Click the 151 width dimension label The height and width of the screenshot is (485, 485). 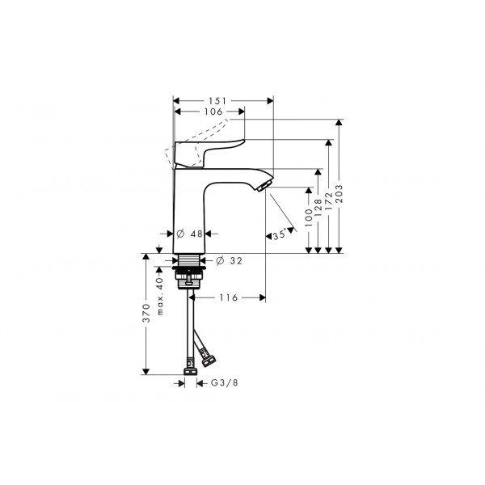coord(217,101)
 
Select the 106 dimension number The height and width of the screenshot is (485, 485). coord(213,112)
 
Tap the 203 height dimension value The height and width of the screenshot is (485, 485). coord(339,194)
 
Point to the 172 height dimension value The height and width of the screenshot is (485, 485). coord(329,201)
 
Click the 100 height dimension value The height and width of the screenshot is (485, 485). coord(309,217)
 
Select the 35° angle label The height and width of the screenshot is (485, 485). coord(279,235)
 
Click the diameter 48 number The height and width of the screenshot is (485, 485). coord(196,234)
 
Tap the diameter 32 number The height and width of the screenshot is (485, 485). coord(236,261)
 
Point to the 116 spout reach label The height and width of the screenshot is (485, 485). coord(229,297)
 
